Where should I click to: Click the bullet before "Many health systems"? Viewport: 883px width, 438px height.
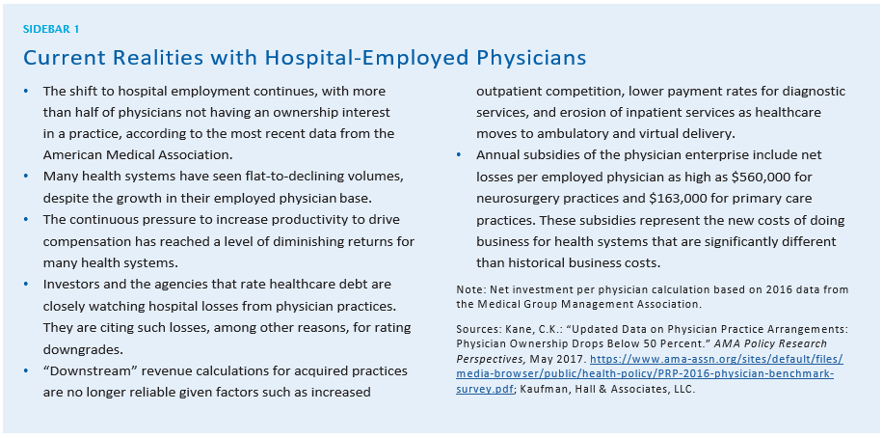pos(27,177)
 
